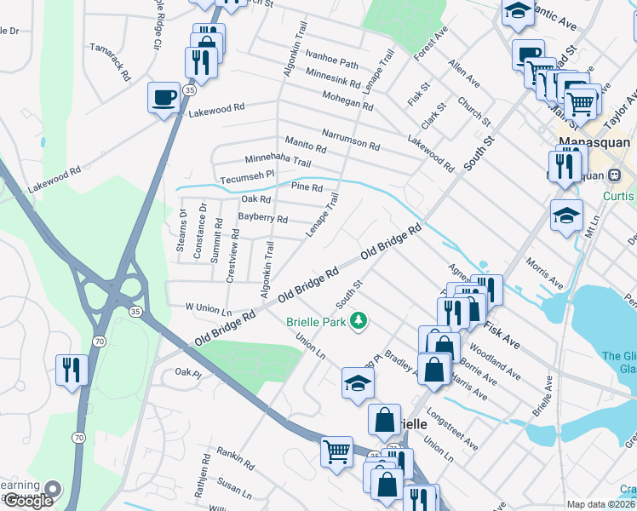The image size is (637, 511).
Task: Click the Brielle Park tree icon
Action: point(359,320)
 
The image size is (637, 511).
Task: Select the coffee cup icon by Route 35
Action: point(164,98)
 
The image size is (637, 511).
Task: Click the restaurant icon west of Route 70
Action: point(70,369)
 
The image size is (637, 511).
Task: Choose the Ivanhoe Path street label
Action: point(333,63)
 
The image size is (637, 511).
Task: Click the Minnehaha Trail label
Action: point(278,160)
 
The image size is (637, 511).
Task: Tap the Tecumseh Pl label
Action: point(246,174)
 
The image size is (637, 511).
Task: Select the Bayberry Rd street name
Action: point(262,218)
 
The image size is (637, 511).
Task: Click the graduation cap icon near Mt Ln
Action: point(566,215)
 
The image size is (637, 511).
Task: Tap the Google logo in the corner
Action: point(27,501)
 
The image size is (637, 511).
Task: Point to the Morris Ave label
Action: point(544,270)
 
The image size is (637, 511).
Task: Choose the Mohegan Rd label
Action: point(347,101)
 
